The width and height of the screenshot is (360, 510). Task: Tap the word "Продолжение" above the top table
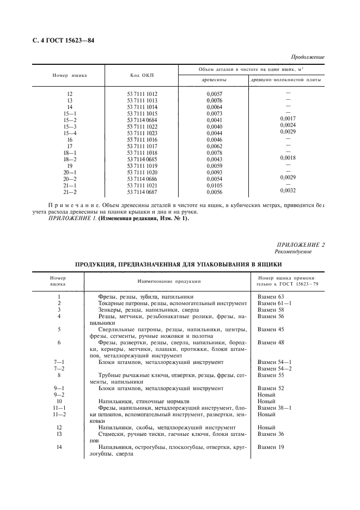pos(308,57)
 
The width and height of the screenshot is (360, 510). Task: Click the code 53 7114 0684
pos(142,120)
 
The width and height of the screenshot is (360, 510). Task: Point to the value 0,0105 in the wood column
pos(215,185)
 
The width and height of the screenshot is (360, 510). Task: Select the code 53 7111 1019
pos(142,166)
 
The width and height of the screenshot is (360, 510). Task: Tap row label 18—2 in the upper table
pos(70,159)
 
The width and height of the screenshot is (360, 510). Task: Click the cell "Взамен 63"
pos(271,296)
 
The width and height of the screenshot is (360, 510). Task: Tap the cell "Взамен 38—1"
pos(274,408)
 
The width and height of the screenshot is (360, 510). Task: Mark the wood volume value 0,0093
pos(215,172)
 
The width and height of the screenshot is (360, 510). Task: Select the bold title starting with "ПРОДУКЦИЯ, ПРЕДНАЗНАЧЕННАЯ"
pos(178,264)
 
